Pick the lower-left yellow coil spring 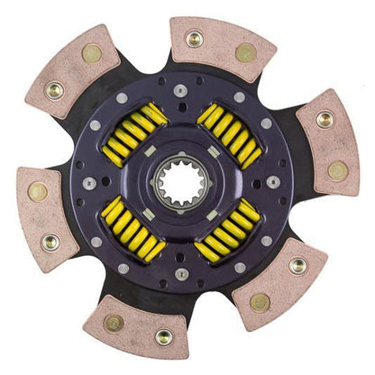point(133,232)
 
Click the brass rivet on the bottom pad point(114,322)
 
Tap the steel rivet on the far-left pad point(51,242)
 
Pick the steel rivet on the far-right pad point(324,119)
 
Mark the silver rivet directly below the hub point(184,274)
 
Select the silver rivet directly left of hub point(91,183)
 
